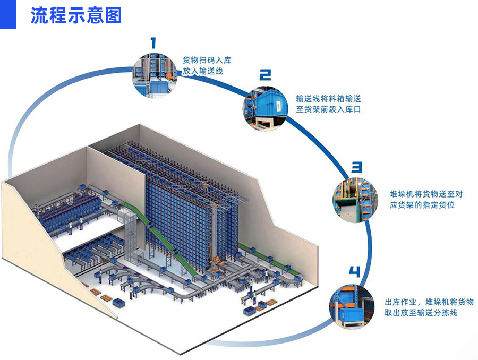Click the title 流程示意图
[x=76, y=15]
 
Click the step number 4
[x=354, y=272]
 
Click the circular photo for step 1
[x=153, y=75]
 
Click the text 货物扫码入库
[x=207, y=60]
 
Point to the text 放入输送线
[x=202, y=71]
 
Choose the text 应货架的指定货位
[x=422, y=204]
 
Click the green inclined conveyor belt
[x=159, y=239]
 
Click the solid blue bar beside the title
[x=8, y=14]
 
